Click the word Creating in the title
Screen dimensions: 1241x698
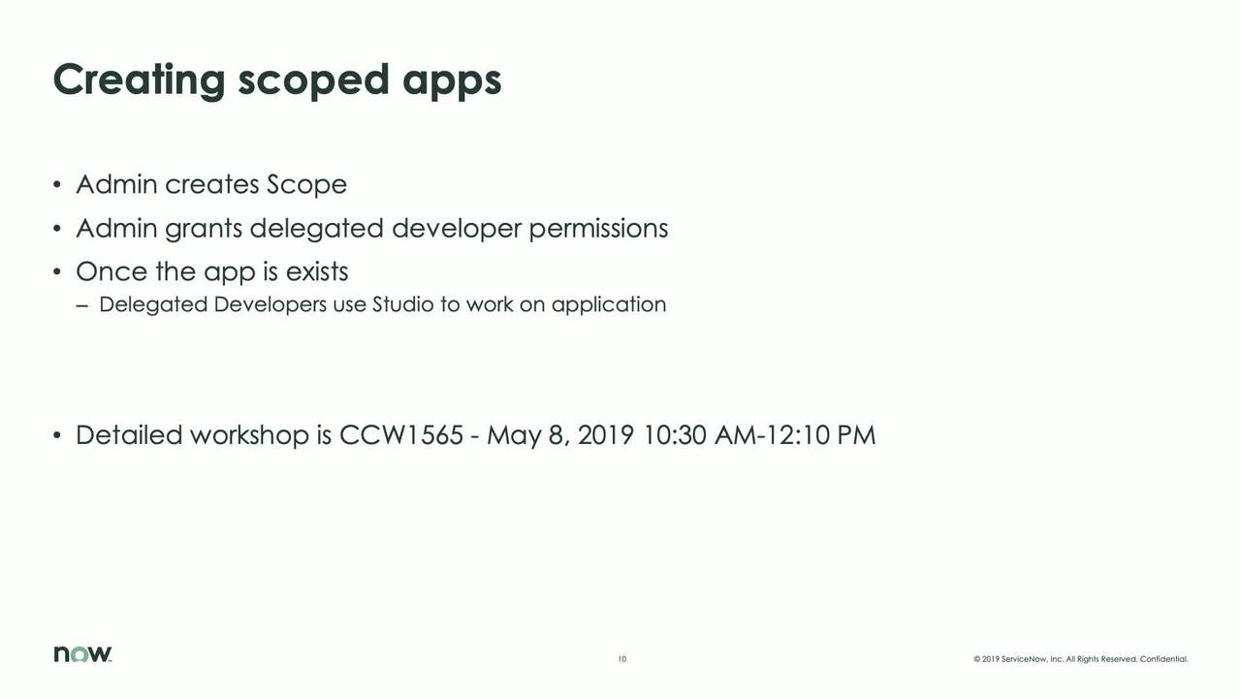point(139,80)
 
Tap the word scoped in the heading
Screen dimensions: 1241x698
point(313,80)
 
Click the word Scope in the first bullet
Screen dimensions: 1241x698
point(306,184)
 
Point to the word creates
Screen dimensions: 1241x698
point(211,184)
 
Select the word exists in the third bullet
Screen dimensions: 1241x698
point(317,271)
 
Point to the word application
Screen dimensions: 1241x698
point(609,305)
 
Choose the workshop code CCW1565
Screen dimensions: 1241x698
point(401,435)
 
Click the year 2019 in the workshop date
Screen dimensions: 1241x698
point(606,435)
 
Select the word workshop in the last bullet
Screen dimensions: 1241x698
point(249,435)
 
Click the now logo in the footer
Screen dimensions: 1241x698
point(82,653)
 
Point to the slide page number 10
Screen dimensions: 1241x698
point(622,659)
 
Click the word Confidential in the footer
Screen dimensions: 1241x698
point(1164,659)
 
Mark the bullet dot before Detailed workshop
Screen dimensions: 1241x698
point(57,435)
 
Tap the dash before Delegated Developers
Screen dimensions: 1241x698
point(82,305)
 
